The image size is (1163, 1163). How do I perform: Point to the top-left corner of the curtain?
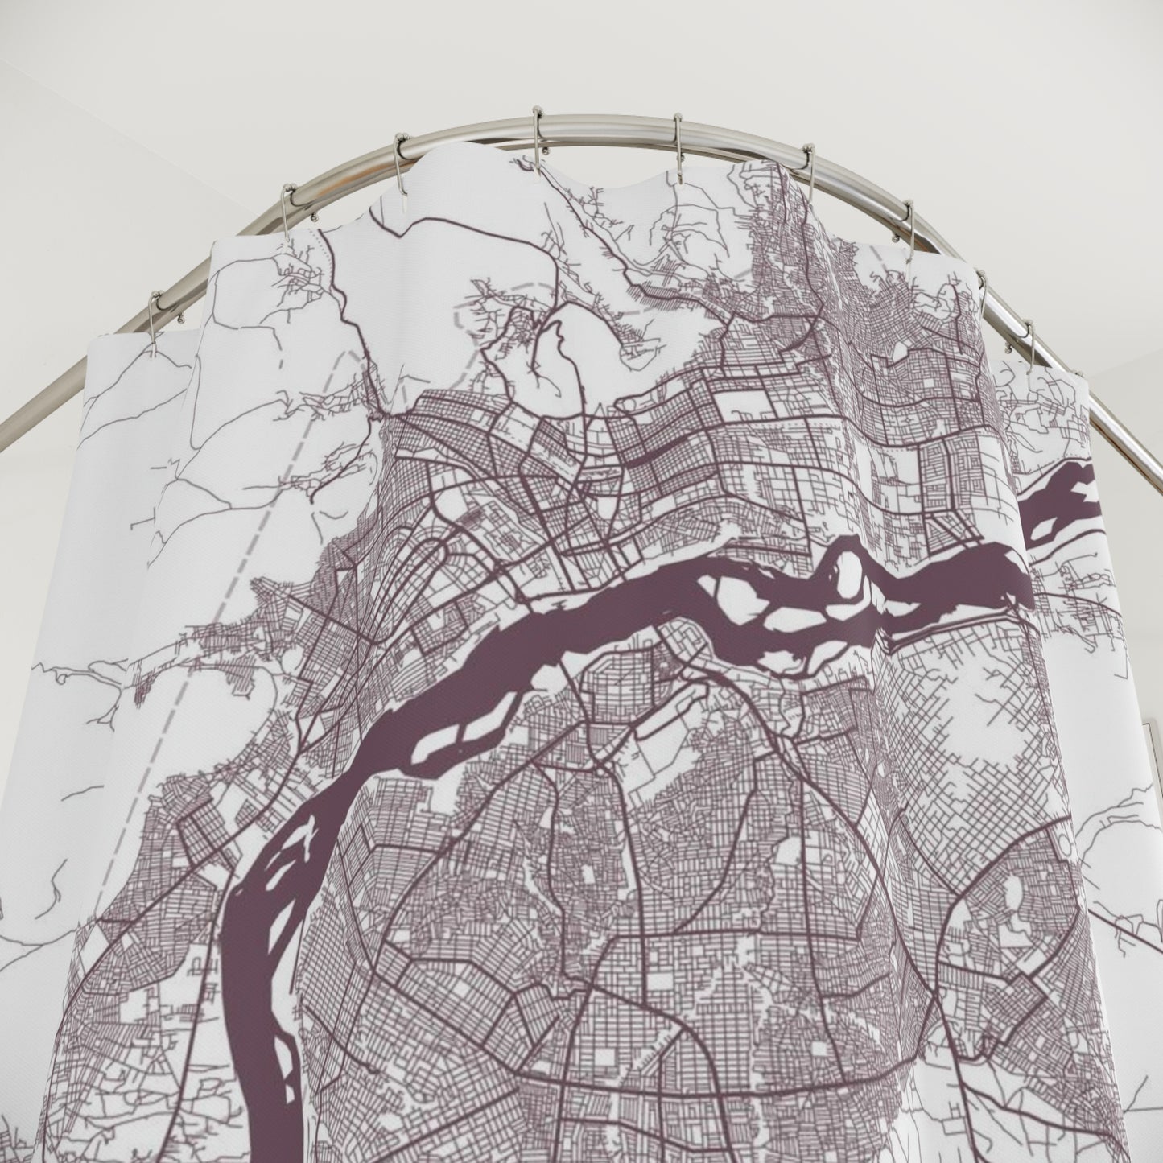click(x=90, y=341)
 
